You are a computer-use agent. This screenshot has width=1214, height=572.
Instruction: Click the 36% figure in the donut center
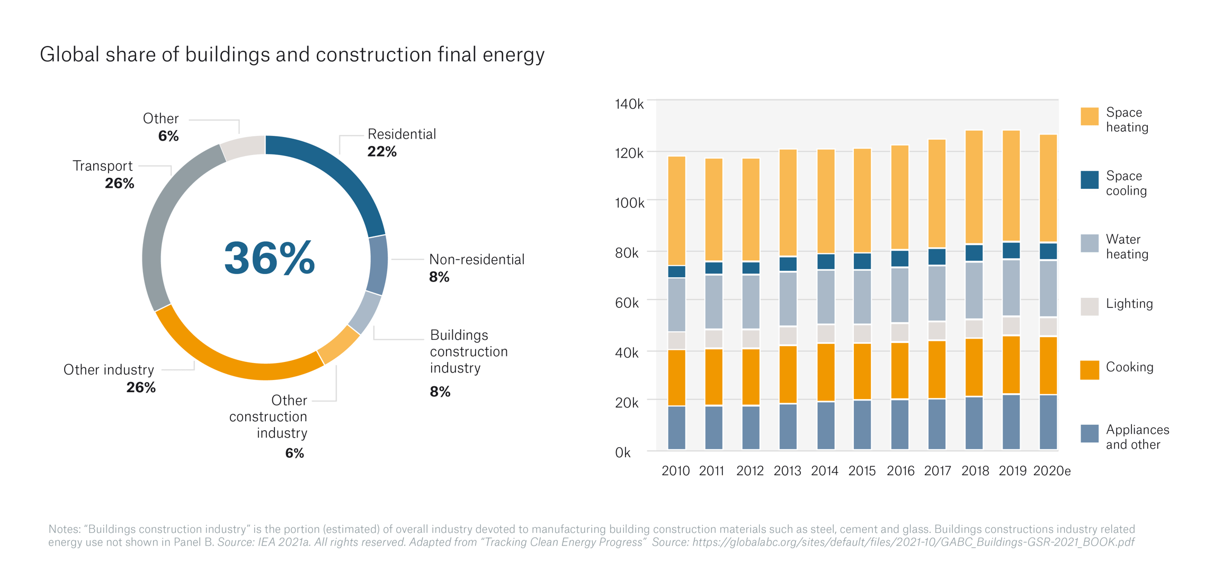point(269,258)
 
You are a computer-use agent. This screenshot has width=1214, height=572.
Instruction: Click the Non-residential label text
point(477,259)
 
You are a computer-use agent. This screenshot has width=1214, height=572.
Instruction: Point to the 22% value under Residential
point(381,152)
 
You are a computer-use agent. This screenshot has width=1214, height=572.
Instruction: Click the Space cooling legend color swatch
point(1090,180)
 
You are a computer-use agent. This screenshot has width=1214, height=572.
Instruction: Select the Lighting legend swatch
point(1090,306)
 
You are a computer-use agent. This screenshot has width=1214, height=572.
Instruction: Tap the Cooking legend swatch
point(1090,370)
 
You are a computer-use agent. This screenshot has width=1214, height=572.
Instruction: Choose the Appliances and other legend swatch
point(1090,433)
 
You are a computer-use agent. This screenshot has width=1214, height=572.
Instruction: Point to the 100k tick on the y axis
point(629,203)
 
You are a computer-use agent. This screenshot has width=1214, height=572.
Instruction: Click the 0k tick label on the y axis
point(623,452)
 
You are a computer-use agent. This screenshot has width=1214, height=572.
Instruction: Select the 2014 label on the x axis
point(824,471)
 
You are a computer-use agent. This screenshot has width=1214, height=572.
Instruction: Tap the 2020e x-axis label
point(1051,471)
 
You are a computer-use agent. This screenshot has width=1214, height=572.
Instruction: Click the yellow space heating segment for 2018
point(974,188)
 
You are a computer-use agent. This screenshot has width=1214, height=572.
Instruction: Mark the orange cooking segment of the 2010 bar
point(677,377)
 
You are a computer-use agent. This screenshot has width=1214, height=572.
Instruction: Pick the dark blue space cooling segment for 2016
point(900,259)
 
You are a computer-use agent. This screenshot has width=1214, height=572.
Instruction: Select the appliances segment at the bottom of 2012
point(751,428)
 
